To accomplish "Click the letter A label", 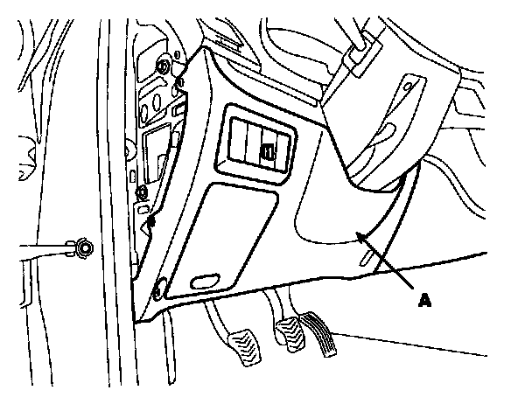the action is [x=425, y=300].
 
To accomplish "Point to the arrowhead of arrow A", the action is [x=360, y=234].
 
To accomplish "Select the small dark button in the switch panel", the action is [x=271, y=155].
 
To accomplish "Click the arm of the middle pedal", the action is [x=278, y=309].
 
